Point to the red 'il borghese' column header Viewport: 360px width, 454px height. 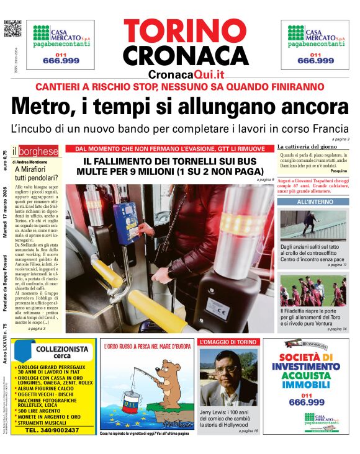38,151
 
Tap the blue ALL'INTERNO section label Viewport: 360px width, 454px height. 313,202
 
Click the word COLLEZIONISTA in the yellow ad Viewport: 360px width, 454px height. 53,350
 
